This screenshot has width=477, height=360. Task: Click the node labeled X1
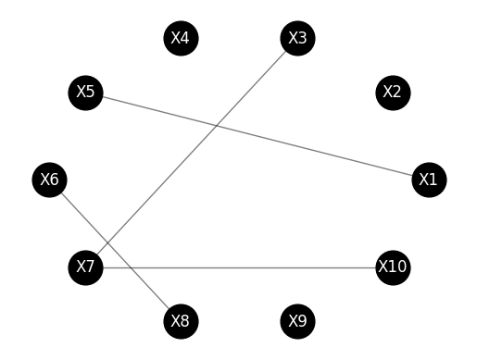[x=428, y=180]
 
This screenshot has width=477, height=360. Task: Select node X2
[x=392, y=92]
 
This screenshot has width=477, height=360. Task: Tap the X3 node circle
[x=297, y=38]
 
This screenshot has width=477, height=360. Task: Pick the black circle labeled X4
[x=181, y=38]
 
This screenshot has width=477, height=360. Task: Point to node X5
[x=86, y=92]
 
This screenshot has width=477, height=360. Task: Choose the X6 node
[x=50, y=180]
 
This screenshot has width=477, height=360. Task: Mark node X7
[x=86, y=267]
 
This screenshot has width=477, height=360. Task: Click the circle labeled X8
[x=181, y=321]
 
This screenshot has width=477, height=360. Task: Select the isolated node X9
[x=297, y=321]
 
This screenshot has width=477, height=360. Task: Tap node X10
[x=392, y=267]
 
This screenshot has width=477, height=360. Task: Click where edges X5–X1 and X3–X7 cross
[x=217, y=125]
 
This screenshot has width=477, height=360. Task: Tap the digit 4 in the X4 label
[x=185, y=38]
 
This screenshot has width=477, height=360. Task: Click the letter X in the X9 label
[x=292, y=321]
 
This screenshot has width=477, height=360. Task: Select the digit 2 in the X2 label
[x=397, y=92]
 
